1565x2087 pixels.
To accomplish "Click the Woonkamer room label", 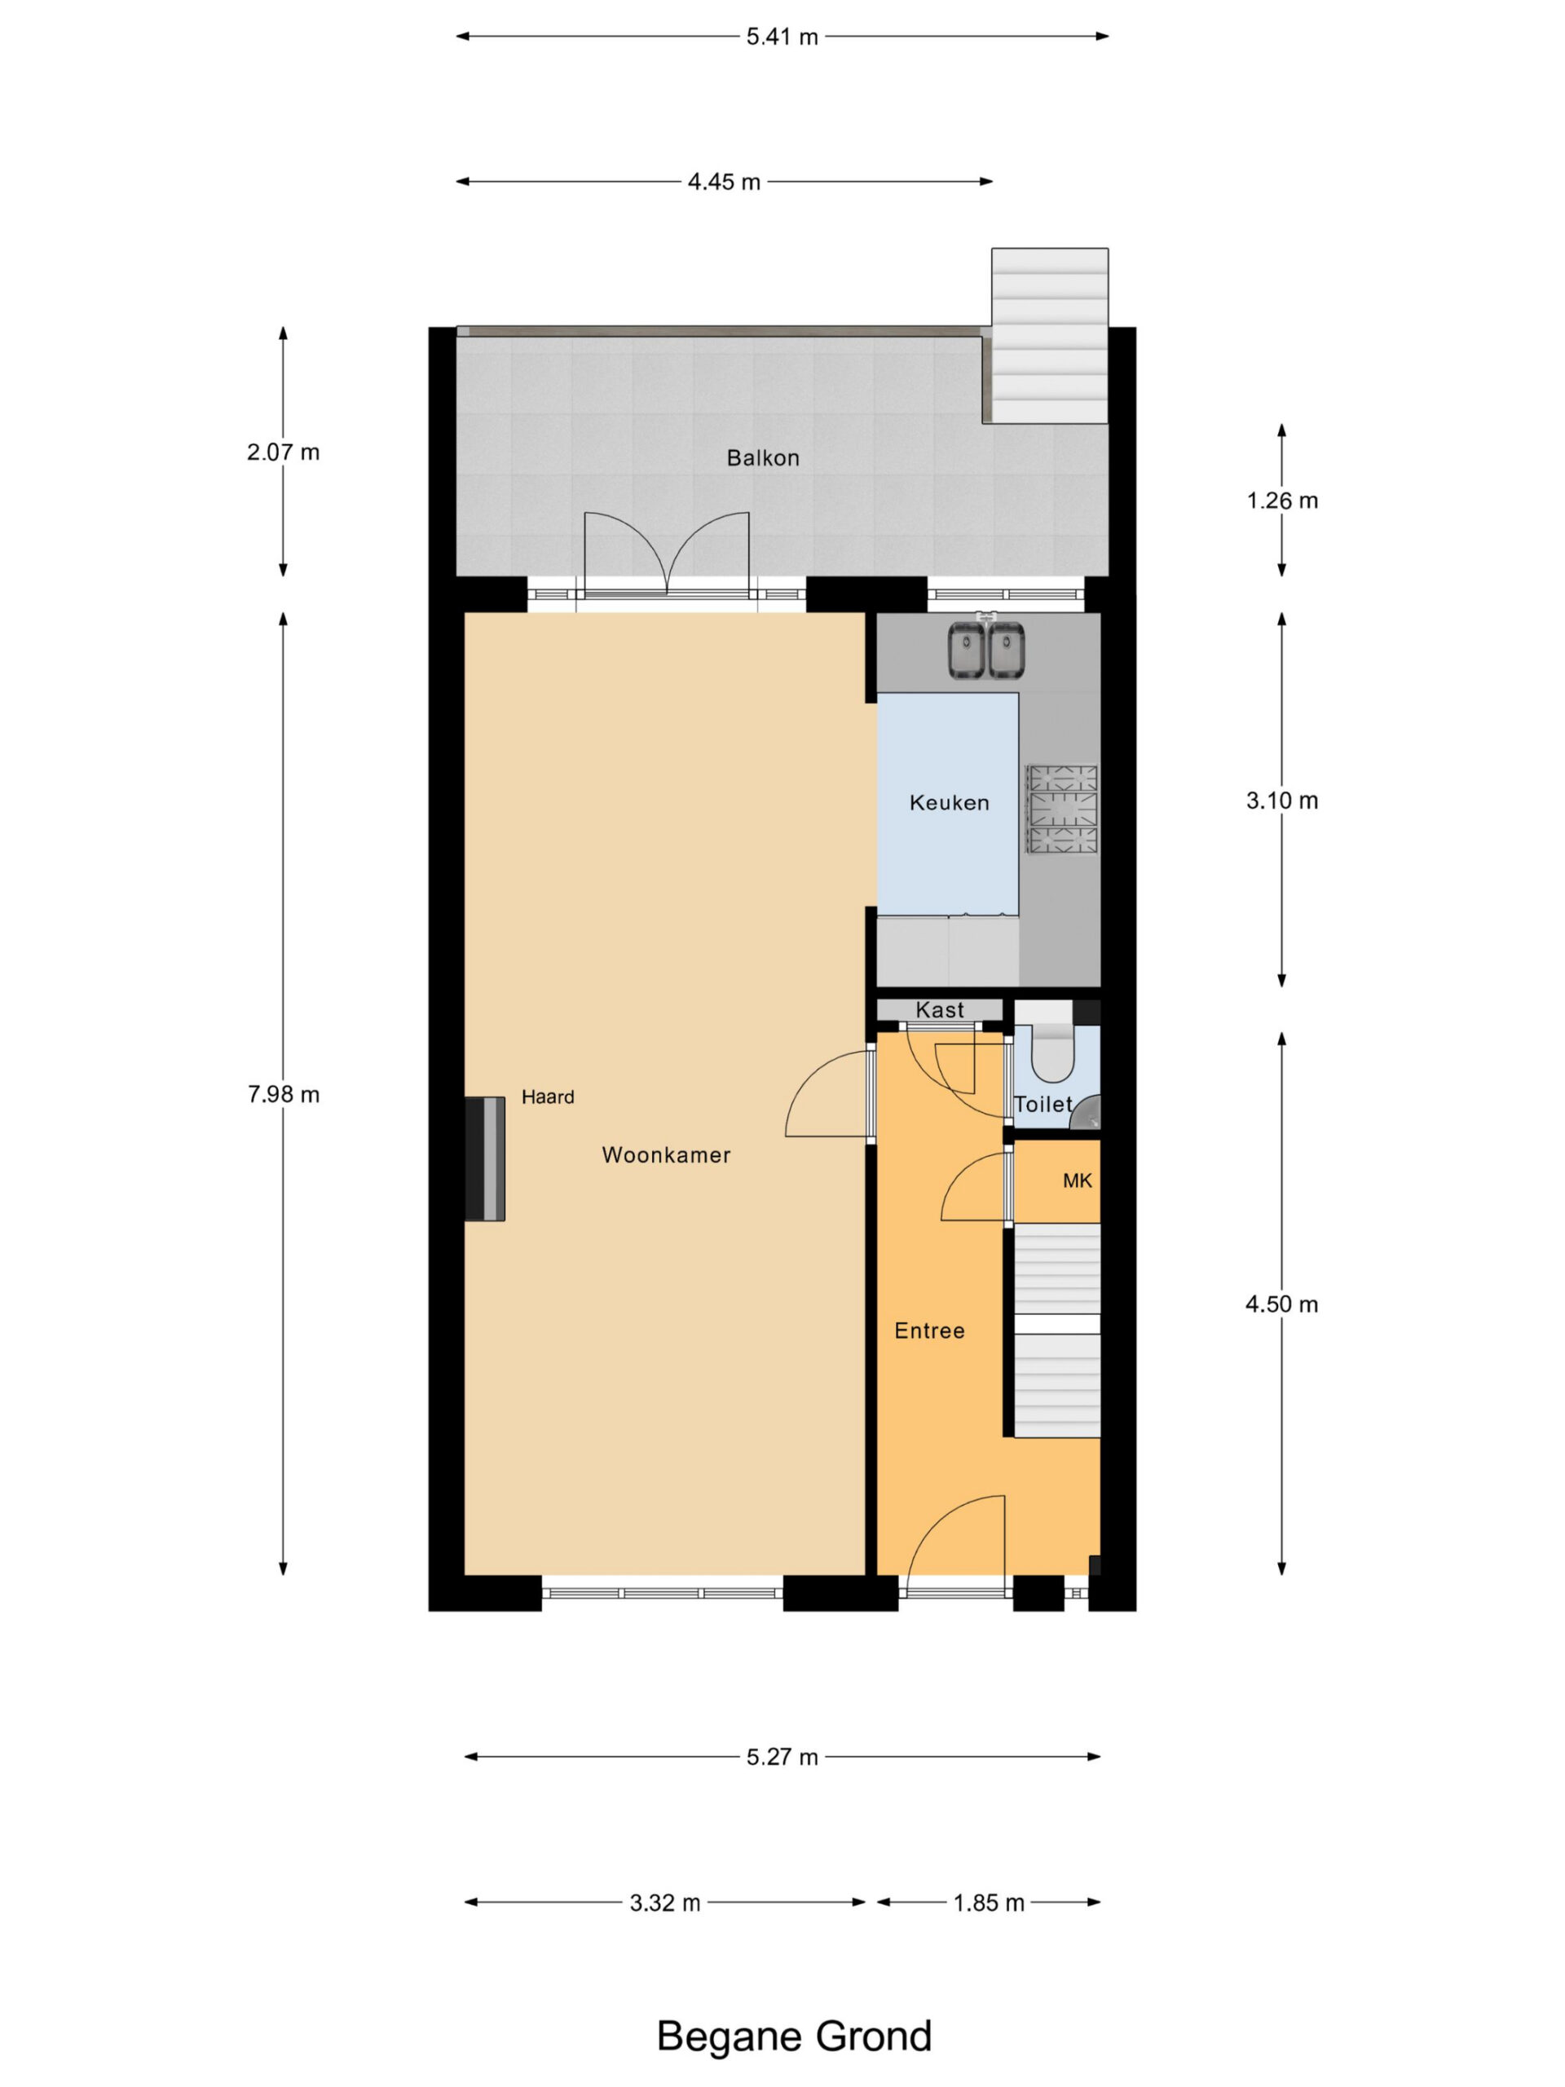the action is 666,1155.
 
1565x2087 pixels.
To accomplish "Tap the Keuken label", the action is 949,803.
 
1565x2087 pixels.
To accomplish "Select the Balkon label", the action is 763,458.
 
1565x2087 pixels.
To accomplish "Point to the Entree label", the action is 929,1330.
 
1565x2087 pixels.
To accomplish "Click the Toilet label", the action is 1043,1104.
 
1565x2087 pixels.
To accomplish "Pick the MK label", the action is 1078,1180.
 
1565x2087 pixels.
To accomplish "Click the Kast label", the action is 940,1009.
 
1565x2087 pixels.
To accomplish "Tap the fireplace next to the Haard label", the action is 485,1158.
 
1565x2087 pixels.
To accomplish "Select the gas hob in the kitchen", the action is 1062,809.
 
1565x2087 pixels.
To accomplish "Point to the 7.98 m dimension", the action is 283,1094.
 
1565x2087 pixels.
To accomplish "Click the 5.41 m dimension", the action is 782,37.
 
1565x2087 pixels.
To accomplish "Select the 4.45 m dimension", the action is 724,182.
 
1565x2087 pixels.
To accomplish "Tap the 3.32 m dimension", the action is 665,1903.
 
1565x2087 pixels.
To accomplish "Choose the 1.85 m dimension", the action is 989,1903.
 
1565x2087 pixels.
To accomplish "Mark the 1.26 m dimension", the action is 1282,501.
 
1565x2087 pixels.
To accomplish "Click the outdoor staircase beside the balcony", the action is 1049,336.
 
